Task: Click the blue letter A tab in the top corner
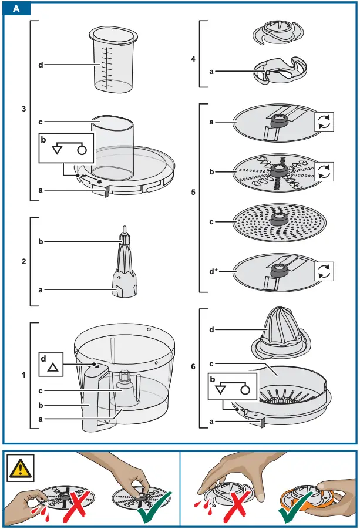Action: pyautogui.click(x=16, y=9)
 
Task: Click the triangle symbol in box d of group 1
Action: pyautogui.click(x=52, y=368)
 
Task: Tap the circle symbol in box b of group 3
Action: pyautogui.click(x=82, y=150)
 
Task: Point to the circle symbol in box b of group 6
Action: pyautogui.click(x=244, y=388)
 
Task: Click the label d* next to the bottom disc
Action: pyautogui.click(x=215, y=271)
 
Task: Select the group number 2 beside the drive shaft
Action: pyautogui.click(x=23, y=261)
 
